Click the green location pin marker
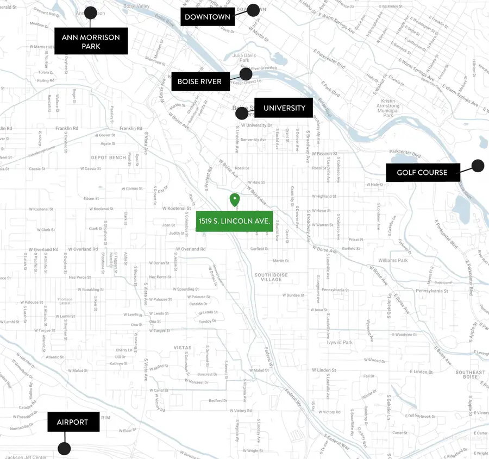[x=235, y=199]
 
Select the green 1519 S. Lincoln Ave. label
[x=234, y=221]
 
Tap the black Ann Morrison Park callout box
[x=91, y=41]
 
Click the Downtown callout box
[x=207, y=17]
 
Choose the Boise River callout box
[x=199, y=81]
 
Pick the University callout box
[x=284, y=108]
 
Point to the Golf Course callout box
[x=422, y=172]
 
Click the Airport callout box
[x=73, y=422]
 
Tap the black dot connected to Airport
[x=64, y=449]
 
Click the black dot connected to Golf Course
[x=478, y=166]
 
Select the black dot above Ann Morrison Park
[x=91, y=12]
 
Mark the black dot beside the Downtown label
[x=253, y=10]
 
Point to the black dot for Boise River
[x=246, y=74]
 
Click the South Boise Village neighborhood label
[x=268, y=277]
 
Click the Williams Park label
[x=393, y=260]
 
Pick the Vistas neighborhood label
[x=183, y=347]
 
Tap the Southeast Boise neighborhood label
[x=470, y=374]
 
